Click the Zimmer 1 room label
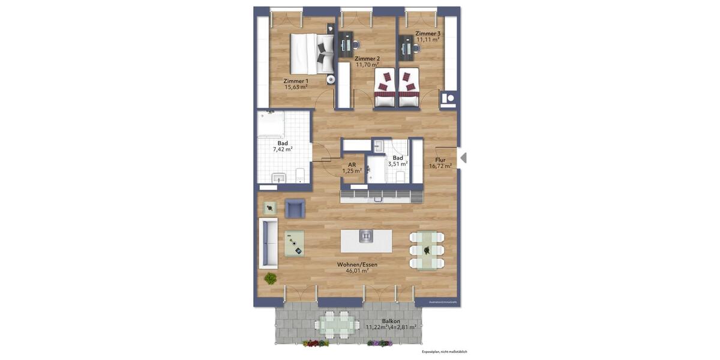(296, 81)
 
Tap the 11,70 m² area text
(367, 65)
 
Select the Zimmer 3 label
(428, 34)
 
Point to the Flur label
(440, 160)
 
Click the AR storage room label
(352, 164)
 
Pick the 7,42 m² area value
(283, 149)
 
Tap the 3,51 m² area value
(398, 163)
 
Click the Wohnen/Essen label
(357, 264)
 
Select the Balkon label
(391, 321)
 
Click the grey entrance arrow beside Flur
(463, 158)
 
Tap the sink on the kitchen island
(366, 237)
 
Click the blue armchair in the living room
(295, 208)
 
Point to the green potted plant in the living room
(271, 278)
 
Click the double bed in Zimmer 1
(312, 53)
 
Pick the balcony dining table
(335, 325)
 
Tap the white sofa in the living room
(268, 243)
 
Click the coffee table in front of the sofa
(295, 244)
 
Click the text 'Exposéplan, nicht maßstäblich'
(444, 352)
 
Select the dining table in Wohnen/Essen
(427, 250)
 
